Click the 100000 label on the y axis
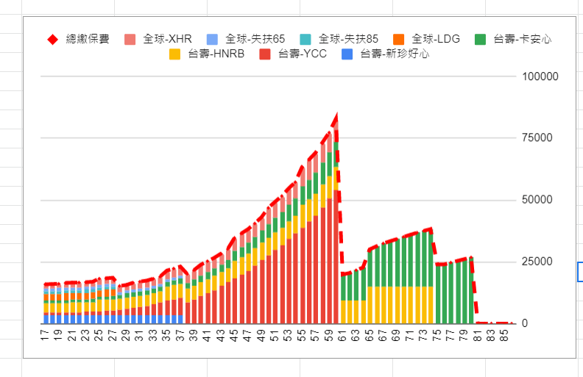coord(540,76)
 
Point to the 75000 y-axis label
coord(542,138)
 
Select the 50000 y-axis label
coord(542,200)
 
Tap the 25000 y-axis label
coord(542,262)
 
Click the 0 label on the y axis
coord(525,323)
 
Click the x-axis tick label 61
coord(343,336)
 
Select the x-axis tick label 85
coord(505,336)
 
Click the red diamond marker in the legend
coord(52,39)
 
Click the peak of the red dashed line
coord(336,116)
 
